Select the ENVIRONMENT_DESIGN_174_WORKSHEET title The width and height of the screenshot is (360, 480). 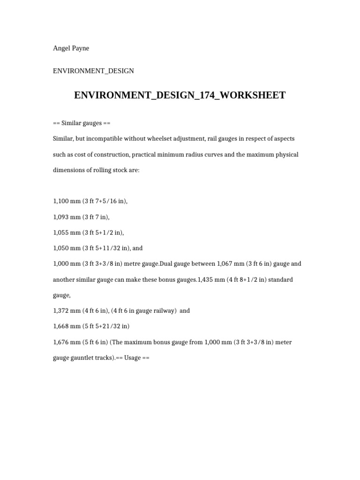180,95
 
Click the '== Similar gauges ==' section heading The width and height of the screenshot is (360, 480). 82,123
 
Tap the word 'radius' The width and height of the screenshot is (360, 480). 198,155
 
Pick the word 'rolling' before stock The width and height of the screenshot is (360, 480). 99,170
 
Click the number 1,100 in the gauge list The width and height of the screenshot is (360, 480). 61,201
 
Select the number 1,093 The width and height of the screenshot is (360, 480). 61,217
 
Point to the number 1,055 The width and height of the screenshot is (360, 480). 61,232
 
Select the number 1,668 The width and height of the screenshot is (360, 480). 61,326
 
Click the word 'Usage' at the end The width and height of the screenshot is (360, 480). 133,358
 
